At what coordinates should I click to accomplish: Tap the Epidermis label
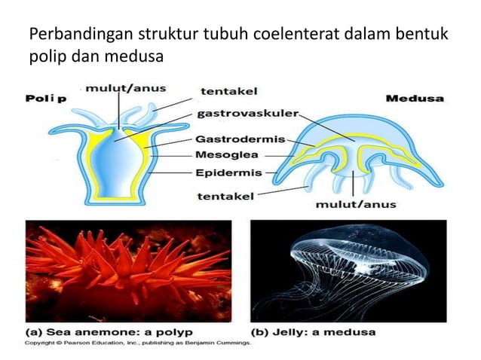[228, 172]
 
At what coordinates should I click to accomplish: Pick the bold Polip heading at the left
[47, 98]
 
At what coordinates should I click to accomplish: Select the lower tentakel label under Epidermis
[225, 197]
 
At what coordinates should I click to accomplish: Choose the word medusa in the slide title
[140, 56]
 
